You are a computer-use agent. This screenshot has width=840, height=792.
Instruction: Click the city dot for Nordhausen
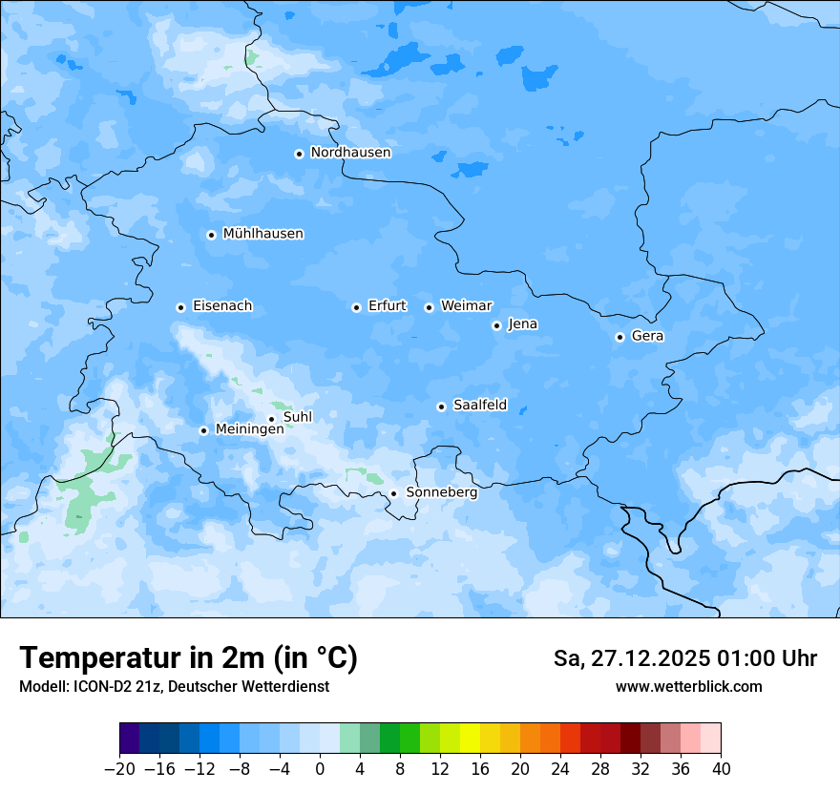[299, 154]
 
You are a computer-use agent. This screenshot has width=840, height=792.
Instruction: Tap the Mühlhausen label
[262, 234]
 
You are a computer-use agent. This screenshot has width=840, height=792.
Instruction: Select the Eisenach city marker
[180, 307]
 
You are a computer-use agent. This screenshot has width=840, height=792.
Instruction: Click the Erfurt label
[387, 306]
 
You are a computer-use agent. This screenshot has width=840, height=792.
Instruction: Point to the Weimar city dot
[429, 307]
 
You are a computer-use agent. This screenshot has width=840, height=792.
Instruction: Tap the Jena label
[522, 324]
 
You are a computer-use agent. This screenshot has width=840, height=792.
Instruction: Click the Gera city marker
[619, 337]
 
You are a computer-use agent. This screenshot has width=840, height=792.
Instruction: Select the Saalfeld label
[479, 406]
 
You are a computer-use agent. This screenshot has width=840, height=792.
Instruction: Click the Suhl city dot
[271, 419]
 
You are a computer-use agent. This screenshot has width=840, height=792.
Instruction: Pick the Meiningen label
[249, 429]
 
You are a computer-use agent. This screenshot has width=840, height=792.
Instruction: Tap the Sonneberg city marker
[393, 494]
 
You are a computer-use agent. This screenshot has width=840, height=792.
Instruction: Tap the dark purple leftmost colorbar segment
[129, 739]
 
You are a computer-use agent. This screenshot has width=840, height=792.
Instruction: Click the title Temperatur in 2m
[188, 658]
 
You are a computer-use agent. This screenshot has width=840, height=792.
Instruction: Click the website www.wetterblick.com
[688, 687]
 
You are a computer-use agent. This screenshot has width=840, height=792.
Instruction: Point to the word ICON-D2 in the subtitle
[97, 687]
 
